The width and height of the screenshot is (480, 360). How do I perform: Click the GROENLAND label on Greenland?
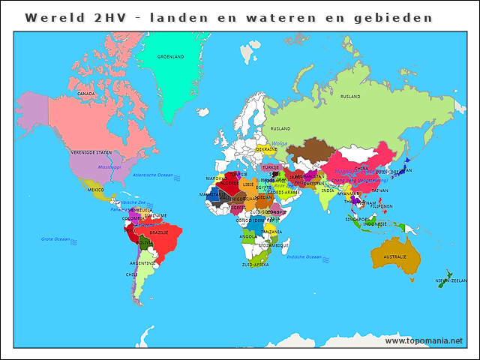pyautogui.click(x=170, y=56)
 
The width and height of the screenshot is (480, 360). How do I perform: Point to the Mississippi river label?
pyautogui.click(x=109, y=166)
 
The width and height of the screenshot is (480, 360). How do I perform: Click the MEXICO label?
pyautogui.click(x=95, y=190)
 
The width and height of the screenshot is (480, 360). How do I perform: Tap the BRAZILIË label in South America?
pyautogui.click(x=159, y=232)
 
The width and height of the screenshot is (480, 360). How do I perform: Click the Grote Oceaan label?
pyautogui.click(x=55, y=239)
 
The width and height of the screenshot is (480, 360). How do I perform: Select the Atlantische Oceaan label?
pyautogui.click(x=152, y=175)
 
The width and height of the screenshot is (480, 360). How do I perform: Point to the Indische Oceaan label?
pyautogui.click(x=304, y=256)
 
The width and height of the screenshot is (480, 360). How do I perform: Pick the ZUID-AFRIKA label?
pyautogui.click(x=255, y=265)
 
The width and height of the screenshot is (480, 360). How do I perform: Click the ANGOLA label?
pyautogui.click(x=247, y=236)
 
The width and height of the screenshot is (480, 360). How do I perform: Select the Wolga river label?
pyautogui.click(x=279, y=143)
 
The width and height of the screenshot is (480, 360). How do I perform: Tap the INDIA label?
pyautogui.click(x=328, y=190)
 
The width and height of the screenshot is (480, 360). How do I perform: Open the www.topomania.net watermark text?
pyautogui.click(x=424, y=340)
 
